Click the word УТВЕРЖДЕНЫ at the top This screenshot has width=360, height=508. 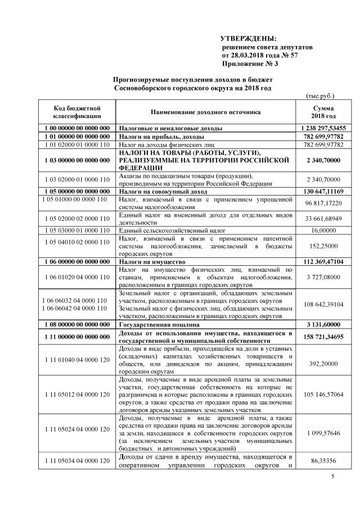pyautogui.click(x=248, y=38)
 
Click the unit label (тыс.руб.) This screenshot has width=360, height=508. pyautogui.click(x=320, y=97)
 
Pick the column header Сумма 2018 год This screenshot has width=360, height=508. pyautogui.click(x=323, y=112)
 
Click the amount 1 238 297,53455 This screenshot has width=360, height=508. pyautogui.click(x=323, y=128)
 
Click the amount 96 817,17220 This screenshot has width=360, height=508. pyautogui.click(x=323, y=202)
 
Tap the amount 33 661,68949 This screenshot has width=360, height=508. pyautogui.click(x=323, y=219)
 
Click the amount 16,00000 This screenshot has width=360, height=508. pyautogui.click(x=323, y=231)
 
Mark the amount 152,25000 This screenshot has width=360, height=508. pyautogui.click(x=323, y=246)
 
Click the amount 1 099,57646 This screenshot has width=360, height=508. pyautogui.click(x=323, y=434)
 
